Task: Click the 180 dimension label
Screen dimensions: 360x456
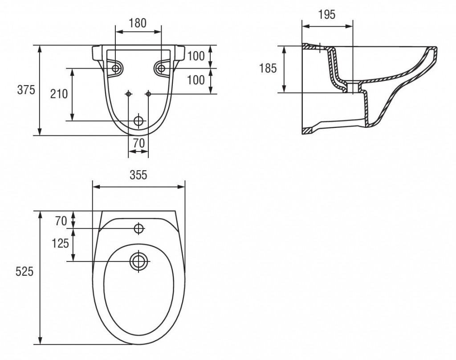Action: pyautogui.click(x=138, y=23)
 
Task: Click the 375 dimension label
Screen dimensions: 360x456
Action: pyautogui.click(x=26, y=90)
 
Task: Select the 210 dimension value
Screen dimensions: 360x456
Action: pyautogui.click(x=58, y=94)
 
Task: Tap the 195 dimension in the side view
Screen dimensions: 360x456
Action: pyautogui.click(x=327, y=15)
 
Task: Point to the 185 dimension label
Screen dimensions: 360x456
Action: pyautogui.click(x=268, y=68)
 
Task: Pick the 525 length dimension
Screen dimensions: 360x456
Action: pyautogui.click(x=25, y=271)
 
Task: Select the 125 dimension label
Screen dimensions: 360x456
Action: pyautogui.click(x=60, y=243)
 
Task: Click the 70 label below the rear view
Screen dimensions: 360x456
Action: pyautogui.click(x=138, y=143)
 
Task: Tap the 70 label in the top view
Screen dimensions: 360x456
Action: pyautogui.click(x=61, y=220)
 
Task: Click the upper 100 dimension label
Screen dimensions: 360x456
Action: pyautogui.click(x=196, y=56)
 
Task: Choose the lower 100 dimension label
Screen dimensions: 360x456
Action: pyautogui.click(x=196, y=80)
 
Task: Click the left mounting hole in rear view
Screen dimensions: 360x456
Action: pyautogui.click(x=116, y=68)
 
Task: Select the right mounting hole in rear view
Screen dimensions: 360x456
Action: pyautogui.click(x=161, y=68)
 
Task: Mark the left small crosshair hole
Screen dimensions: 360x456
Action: pyautogui.click(x=129, y=94)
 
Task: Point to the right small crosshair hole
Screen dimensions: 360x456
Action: pyautogui.click(x=148, y=94)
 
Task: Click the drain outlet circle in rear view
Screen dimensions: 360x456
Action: pyautogui.click(x=138, y=121)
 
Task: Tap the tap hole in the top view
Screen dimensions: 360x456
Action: pyautogui.click(x=138, y=229)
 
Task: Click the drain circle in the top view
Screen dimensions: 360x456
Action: pyautogui.click(x=138, y=261)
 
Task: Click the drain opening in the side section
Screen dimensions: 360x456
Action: pyautogui.click(x=353, y=87)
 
